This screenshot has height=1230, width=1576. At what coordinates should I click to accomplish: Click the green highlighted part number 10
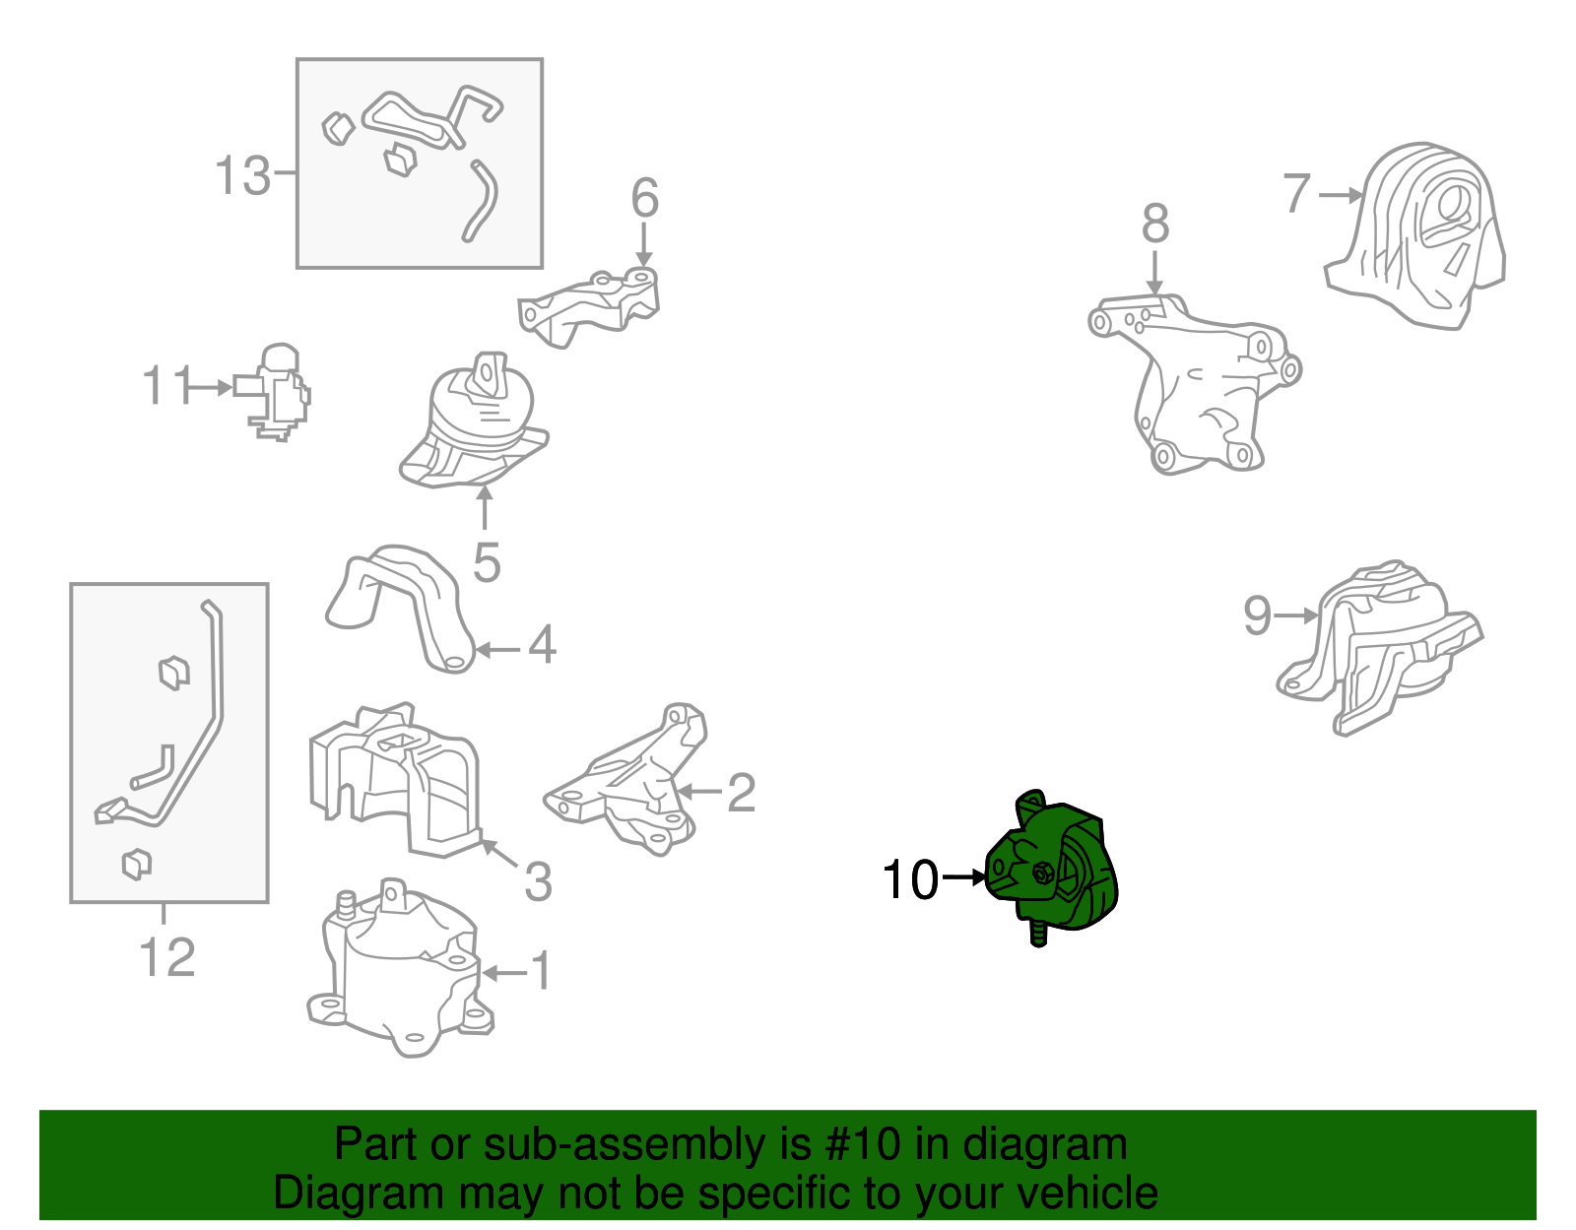point(1052,867)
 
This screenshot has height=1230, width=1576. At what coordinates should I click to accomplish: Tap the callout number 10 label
point(911,880)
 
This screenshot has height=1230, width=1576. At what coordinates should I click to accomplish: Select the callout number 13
point(243,175)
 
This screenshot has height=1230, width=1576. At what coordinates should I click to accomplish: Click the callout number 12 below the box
point(166,957)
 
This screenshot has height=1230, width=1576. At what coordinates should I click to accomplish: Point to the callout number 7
point(1297,194)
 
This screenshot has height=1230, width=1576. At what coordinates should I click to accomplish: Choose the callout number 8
point(1155,224)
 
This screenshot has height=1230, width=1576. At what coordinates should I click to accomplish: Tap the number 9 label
point(1258,615)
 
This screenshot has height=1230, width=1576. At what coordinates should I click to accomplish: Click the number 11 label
point(167,385)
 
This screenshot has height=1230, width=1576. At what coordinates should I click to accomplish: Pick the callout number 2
point(742,792)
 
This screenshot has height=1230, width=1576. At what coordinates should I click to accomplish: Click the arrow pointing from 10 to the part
point(964,877)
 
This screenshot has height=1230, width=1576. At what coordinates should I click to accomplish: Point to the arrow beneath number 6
point(644,245)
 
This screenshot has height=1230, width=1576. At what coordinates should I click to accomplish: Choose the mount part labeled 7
point(1414,235)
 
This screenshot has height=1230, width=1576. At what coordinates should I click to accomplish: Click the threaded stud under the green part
point(1038,933)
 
